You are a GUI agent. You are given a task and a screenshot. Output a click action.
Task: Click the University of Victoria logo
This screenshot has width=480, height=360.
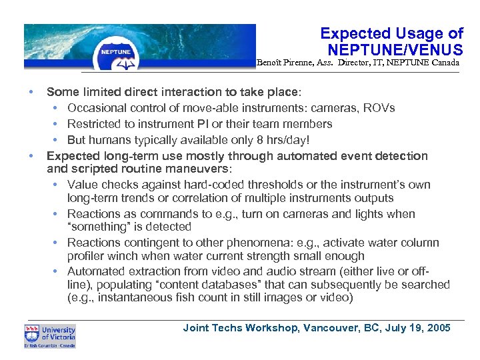[50, 336]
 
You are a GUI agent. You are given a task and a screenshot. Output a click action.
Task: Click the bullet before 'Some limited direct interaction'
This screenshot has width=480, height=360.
[31, 91]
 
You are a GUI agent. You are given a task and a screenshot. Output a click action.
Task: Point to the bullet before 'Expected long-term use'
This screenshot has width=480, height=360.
[31, 156]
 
